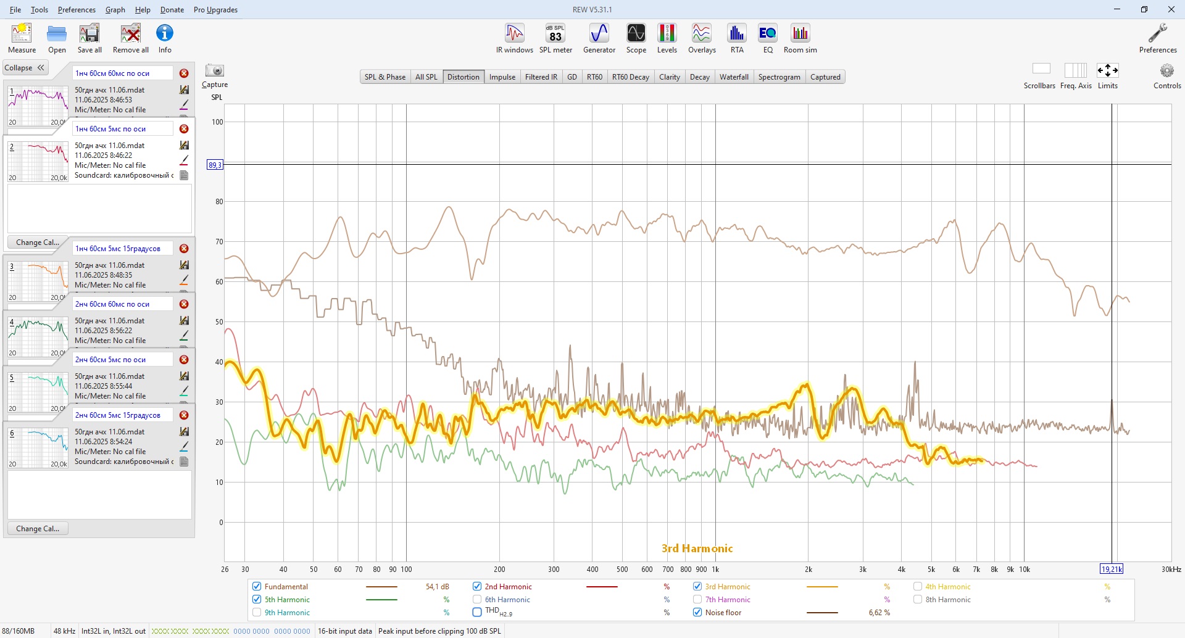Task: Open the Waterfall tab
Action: [734, 77]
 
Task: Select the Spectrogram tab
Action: [779, 77]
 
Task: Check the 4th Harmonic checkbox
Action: [918, 587]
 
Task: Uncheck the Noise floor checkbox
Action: [697, 613]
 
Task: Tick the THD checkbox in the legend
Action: [477, 613]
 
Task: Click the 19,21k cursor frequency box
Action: [1111, 570]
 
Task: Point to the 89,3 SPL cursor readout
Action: [215, 165]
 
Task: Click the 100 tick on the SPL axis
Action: [217, 122]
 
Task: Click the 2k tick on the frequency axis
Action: [808, 570]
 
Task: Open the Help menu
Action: [143, 10]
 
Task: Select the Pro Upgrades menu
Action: [215, 10]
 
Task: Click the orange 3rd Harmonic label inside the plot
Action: [697, 549]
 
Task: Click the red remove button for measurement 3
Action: [184, 249]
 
